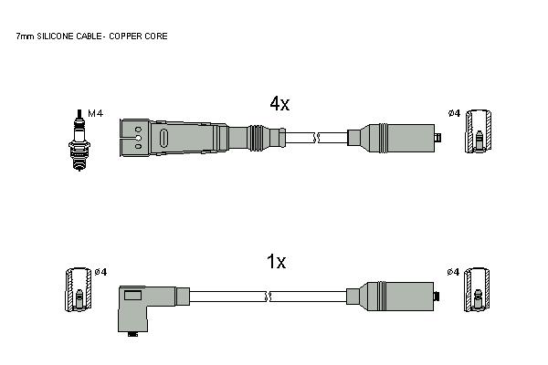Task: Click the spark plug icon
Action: point(79,141)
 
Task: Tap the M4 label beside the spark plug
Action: point(95,113)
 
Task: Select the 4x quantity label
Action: point(279,104)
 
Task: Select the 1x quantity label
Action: point(276,262)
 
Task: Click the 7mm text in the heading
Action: point(26,36)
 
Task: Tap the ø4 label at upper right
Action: point(454,113)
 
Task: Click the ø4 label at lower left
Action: point(101,272)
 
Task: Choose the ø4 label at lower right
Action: point(453,272)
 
